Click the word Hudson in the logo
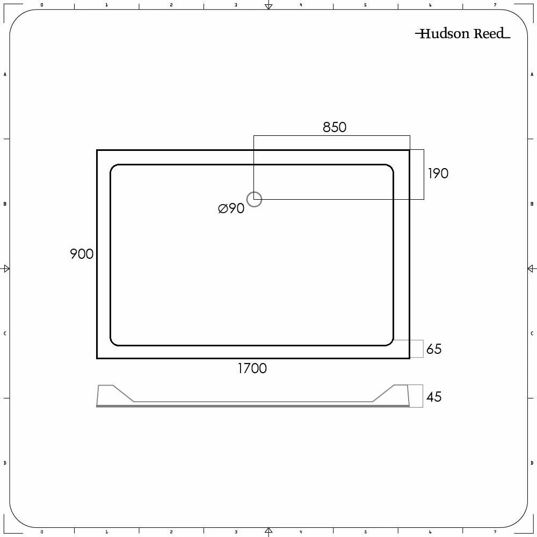444,34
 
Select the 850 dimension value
335,127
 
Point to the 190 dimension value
438,173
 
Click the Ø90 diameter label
231,208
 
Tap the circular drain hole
254,199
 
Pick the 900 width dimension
82,254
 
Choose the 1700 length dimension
252,368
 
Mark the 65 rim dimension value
434,349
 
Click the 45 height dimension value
434,397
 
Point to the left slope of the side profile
124,393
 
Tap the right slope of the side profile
383,393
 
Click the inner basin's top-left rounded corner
114,169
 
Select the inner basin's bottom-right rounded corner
389,341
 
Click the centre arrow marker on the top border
268,6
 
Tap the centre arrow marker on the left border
6,268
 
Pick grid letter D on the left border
5,463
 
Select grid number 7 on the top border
495,5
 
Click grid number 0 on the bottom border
42,532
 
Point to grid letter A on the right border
532,74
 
